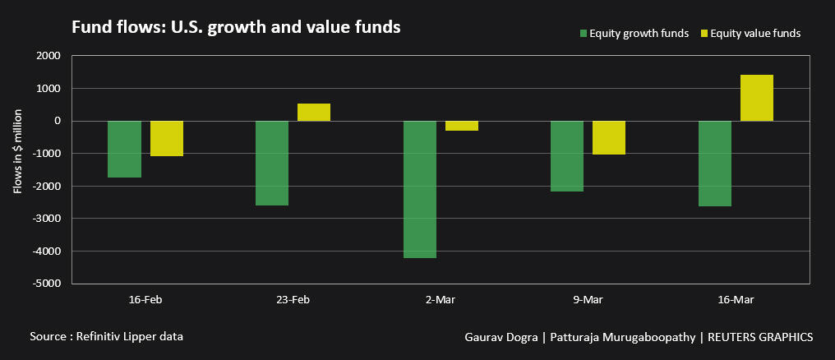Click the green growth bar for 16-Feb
pyautogui.click(x=124, y=149)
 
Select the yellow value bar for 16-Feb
pyautogui.click(x=166, y=138)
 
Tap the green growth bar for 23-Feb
pyautogui.click(x=272, y=163)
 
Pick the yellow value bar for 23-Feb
pyautogui.click(x=314, y=113)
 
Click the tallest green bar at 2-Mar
pyautogui.click(x=420, y=189)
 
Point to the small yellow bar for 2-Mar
pyautogui.click(x=462, y=126)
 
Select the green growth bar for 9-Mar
pyautogui.click(x=567, y=156)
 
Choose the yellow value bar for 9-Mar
pyautogui.click(x=609, y=137)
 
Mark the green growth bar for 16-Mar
pyautogui.click(x=715, y=164)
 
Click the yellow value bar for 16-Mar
pyautogui.click(x=757, y=98)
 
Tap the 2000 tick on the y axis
pyautogui.click(x=48, y=56)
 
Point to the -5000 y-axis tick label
pyautogui.click(x=46, y=284)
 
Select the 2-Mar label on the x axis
pyautogui.click(x=441, y=300)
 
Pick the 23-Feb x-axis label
pyautogui.click(x=293, y=300)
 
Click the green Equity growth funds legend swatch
pyautogui.click(x=584, y=34)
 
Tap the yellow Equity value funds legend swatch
pyautogui.click(x=704, y=34)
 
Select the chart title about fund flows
pyautogui.click(x=236, y=27)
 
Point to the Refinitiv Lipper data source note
pyautogui.click(x=106, y=337)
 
